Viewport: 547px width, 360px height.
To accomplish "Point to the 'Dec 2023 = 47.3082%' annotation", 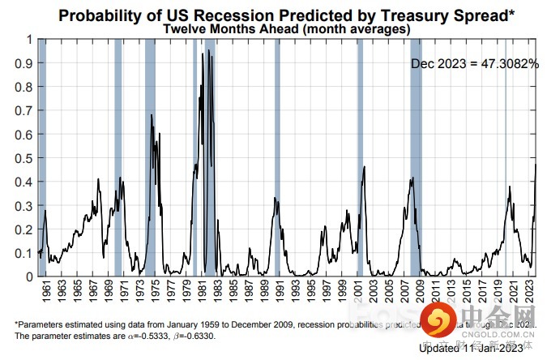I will pyautogui.click(x=474, y=63).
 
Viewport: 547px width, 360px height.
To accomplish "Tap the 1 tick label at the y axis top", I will pyautogui.click(x=29, y=39).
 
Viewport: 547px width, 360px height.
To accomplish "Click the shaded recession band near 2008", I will pyautogui.click(x=416, y=157).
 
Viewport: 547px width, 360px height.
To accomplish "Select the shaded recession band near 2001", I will pyautogui.click(x=360, y=157).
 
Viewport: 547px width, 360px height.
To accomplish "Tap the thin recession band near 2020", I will pyautogui.click(x=506, y=157).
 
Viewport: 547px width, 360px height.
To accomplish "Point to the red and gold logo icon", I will pyautogui.click(x=441, y=321).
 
